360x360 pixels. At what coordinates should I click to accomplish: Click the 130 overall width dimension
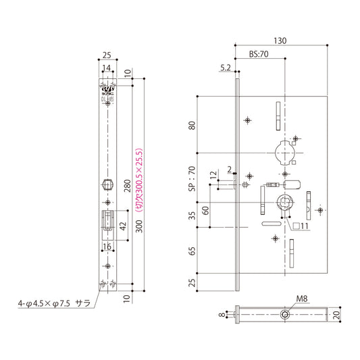point(280,41)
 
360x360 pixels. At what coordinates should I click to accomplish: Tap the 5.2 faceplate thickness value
point(226,68)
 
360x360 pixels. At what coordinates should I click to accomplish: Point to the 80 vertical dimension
point(192,126)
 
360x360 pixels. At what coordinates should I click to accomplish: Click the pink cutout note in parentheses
point(138,181)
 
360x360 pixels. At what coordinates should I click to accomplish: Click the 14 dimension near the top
point(107,68)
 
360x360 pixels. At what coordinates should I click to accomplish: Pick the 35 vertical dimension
point(192,215)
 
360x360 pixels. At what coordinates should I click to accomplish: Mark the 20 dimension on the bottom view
point(336,314)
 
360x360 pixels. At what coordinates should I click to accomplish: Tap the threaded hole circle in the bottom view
point(287,314)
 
